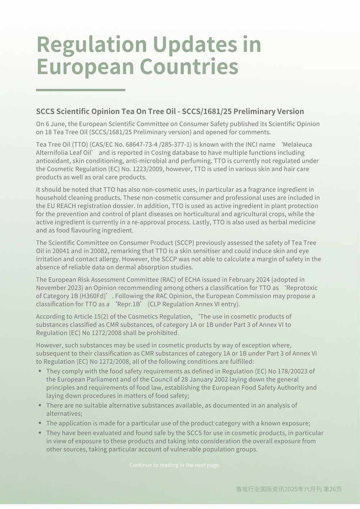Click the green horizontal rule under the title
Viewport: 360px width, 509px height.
click(81, 90)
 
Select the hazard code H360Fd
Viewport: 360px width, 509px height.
click(93, 296)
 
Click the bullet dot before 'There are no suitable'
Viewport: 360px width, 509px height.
click(40, 405)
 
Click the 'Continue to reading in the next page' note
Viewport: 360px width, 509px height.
click(175, 465)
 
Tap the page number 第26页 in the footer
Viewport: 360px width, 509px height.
click(332, 489)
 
